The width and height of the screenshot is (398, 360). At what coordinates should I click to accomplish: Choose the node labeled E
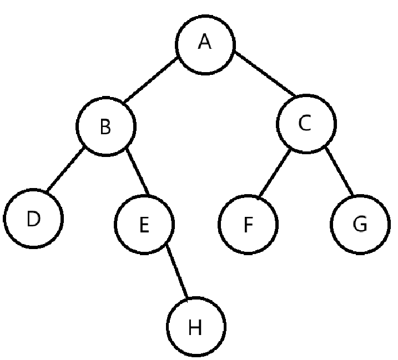tap(144, 224)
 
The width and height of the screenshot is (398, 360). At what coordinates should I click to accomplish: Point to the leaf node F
tap(248, 224)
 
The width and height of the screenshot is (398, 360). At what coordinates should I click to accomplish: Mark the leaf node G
tap(359, 224)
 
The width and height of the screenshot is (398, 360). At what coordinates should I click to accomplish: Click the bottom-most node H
tap(195, 327)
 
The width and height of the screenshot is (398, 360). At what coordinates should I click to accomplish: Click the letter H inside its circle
tap(194, 328)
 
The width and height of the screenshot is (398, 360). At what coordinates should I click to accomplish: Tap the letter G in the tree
tap(360, 225)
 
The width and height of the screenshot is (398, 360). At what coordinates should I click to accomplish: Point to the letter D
tap(33, 219)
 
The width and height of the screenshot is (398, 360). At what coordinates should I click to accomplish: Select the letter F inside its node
tap(248, 225)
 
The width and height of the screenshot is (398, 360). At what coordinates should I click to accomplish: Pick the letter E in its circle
tap(144, 225)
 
